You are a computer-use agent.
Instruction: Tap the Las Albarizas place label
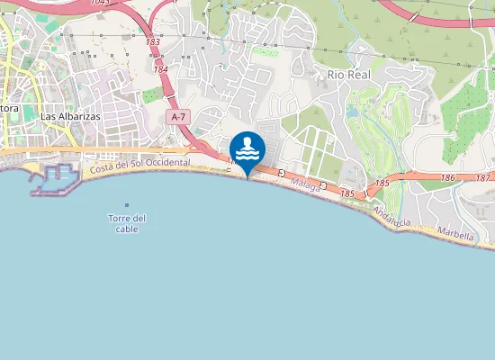click(x=70, y=117)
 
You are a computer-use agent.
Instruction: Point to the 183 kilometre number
click(x=152, y=41)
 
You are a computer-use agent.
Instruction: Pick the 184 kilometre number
click(x=160, y=69)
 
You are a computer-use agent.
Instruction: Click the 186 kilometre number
click(x=448, y=178)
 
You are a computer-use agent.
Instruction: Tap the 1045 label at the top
click(x=100, y=3)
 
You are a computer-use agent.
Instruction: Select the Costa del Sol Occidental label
click(x=139, y=164)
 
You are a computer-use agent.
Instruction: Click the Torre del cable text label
click(x=127, y=223)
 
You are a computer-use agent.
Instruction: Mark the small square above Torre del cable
click(x=127, y=205)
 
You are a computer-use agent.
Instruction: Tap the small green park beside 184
click(x=150, y=94)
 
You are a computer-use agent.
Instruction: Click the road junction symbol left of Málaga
click(x=282, y=173)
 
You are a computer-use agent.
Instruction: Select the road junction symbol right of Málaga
click(x=322, y=184)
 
